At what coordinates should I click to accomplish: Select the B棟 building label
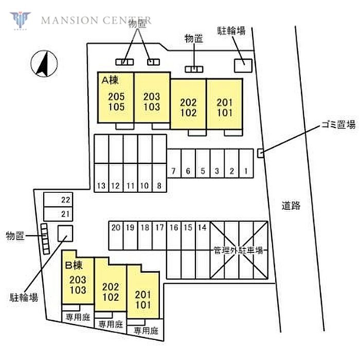pyautogui.click(x=74, y=265)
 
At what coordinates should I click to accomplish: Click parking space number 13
pyautogui.click(x=101, y=186)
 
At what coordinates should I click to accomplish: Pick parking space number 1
pyautogui.click(x=246, y=171)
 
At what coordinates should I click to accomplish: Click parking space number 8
pyautogui.click(x=159, y=186)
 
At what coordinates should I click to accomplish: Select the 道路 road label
pyautogui.click(x=291, y=206)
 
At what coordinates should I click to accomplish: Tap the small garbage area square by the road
pyautogui.click(x=261, y=152)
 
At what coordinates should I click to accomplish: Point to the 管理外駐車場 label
pyautogui.click(x=238, y=250)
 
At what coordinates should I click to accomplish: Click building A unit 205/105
pyautogui.click(x=116, y=102)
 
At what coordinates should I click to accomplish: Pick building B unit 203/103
pyautogui.click(x=78, y=284)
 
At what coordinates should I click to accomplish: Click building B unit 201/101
pyautogui.click(x=143, y=299)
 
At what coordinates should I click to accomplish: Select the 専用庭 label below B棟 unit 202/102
pyautogui.click(x=111, y=325)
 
